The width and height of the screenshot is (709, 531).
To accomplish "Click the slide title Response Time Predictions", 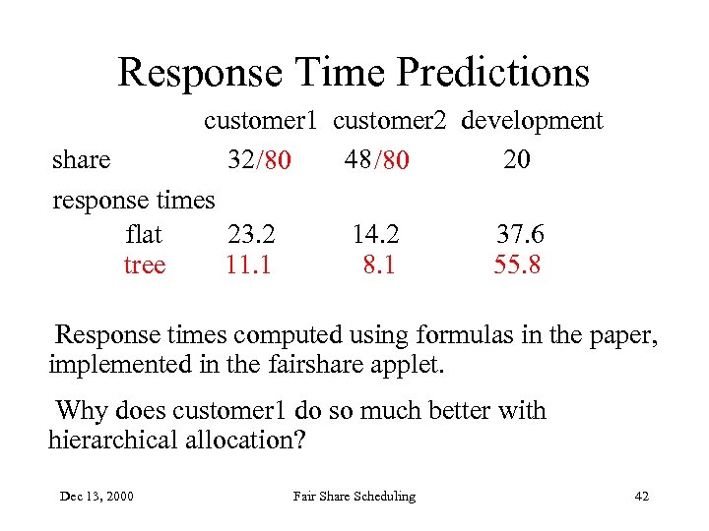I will click(354, 72).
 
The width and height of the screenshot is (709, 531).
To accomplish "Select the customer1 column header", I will click(260, 121).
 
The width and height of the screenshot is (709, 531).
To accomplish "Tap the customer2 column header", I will click(390, 121).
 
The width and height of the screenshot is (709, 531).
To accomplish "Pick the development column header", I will click(532, 121).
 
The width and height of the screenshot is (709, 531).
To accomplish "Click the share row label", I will click(81, 159).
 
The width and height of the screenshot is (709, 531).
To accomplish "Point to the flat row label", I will click(144, 235).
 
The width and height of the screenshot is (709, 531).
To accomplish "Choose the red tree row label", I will click(144, 265).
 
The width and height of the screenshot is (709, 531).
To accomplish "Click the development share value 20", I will click(516, 159).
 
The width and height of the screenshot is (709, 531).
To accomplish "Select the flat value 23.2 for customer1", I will click(251, 235).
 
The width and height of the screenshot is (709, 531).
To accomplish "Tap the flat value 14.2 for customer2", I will click(376, 235).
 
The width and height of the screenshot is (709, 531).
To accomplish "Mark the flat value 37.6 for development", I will click(519, 235).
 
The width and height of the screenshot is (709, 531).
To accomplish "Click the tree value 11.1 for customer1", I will click(248, 265).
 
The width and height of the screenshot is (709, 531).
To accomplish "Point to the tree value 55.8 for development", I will click(517, 265).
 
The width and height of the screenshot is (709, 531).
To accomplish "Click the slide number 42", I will click(641, 497).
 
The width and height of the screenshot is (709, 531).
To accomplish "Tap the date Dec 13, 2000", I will click(97, 497).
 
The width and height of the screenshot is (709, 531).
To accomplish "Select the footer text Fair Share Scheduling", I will click(354, 497).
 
